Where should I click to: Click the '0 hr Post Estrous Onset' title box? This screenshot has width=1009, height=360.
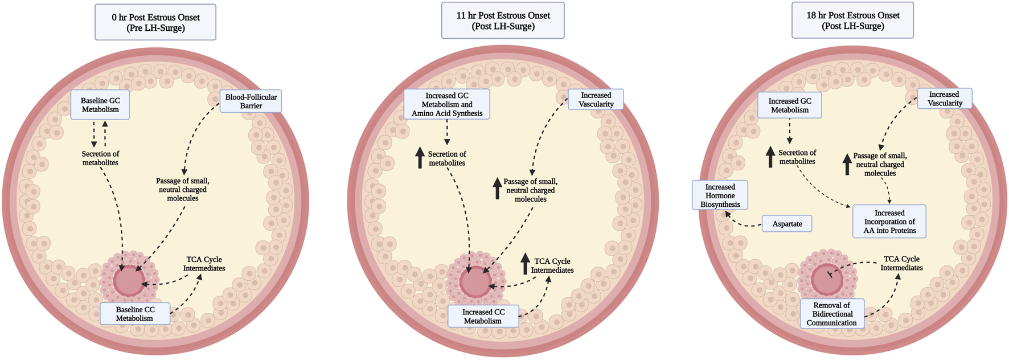(155, 22)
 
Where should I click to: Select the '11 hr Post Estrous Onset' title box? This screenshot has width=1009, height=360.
(503, 21)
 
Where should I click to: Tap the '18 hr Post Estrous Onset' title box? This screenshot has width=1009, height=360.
(852, 21)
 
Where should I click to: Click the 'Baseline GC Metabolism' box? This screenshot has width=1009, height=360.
(100, 105)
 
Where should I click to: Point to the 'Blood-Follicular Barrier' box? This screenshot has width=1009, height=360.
(251, 101)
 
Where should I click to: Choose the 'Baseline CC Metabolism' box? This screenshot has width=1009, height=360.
(135, 314)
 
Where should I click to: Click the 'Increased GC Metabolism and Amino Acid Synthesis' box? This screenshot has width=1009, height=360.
(447, 104)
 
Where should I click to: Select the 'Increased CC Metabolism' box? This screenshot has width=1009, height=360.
(483, 316)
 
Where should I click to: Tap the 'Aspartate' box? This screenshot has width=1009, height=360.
(787, 224)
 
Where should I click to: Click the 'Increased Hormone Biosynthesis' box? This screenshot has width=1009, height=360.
(720, 195)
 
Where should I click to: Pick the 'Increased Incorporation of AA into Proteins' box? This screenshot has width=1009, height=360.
(889, 222)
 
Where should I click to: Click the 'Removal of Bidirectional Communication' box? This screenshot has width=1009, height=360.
(831, 314)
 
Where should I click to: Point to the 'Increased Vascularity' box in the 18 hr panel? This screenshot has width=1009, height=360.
(945, 99)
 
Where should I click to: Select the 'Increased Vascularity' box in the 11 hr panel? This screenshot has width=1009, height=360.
(596, 100)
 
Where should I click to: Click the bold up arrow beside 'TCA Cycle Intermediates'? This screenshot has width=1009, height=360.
(525, 264)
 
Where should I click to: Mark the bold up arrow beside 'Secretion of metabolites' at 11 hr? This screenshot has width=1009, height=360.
(420, 158)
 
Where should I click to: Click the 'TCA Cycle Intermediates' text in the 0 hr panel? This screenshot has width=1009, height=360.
(204, 264)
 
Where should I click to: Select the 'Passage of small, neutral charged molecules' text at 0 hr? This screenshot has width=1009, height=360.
(182, 190)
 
